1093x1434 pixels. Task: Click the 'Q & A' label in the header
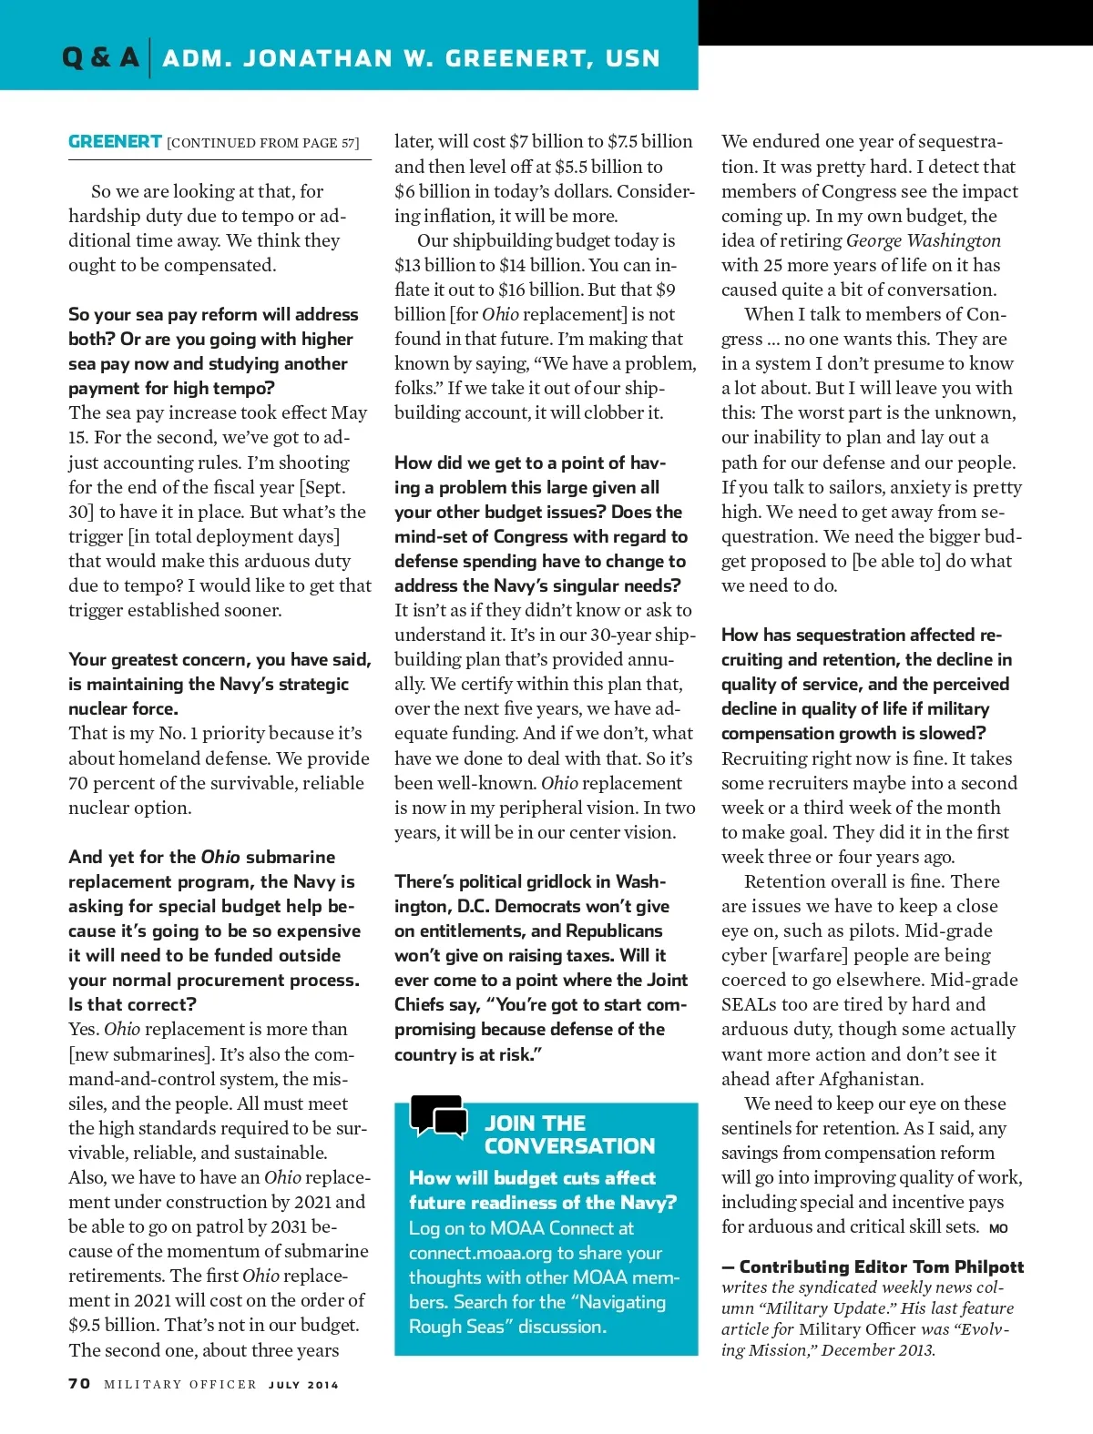click(100, 58)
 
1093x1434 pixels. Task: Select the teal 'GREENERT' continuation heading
click(115, 142)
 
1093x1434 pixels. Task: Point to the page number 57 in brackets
click(349, 143)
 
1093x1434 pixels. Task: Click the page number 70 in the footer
click(79, 1384)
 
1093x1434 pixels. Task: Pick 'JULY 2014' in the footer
click(303, 1385)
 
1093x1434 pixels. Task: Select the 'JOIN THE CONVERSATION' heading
click(568, 1134)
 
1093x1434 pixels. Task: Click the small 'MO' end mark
click(998, 1228)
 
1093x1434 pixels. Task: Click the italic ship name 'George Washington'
click(923, 240)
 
